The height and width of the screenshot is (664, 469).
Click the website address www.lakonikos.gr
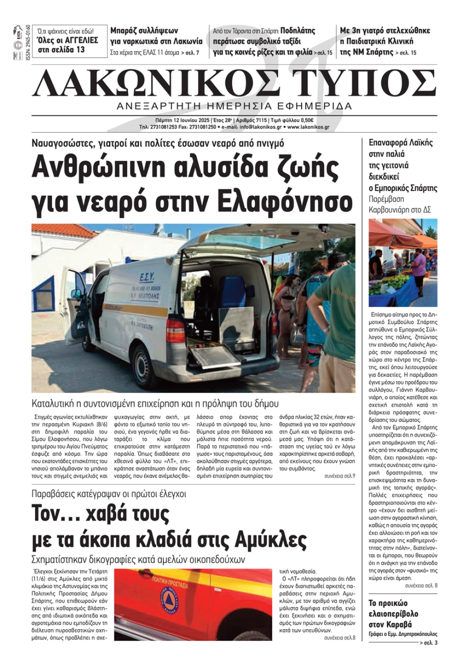[308, 127]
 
